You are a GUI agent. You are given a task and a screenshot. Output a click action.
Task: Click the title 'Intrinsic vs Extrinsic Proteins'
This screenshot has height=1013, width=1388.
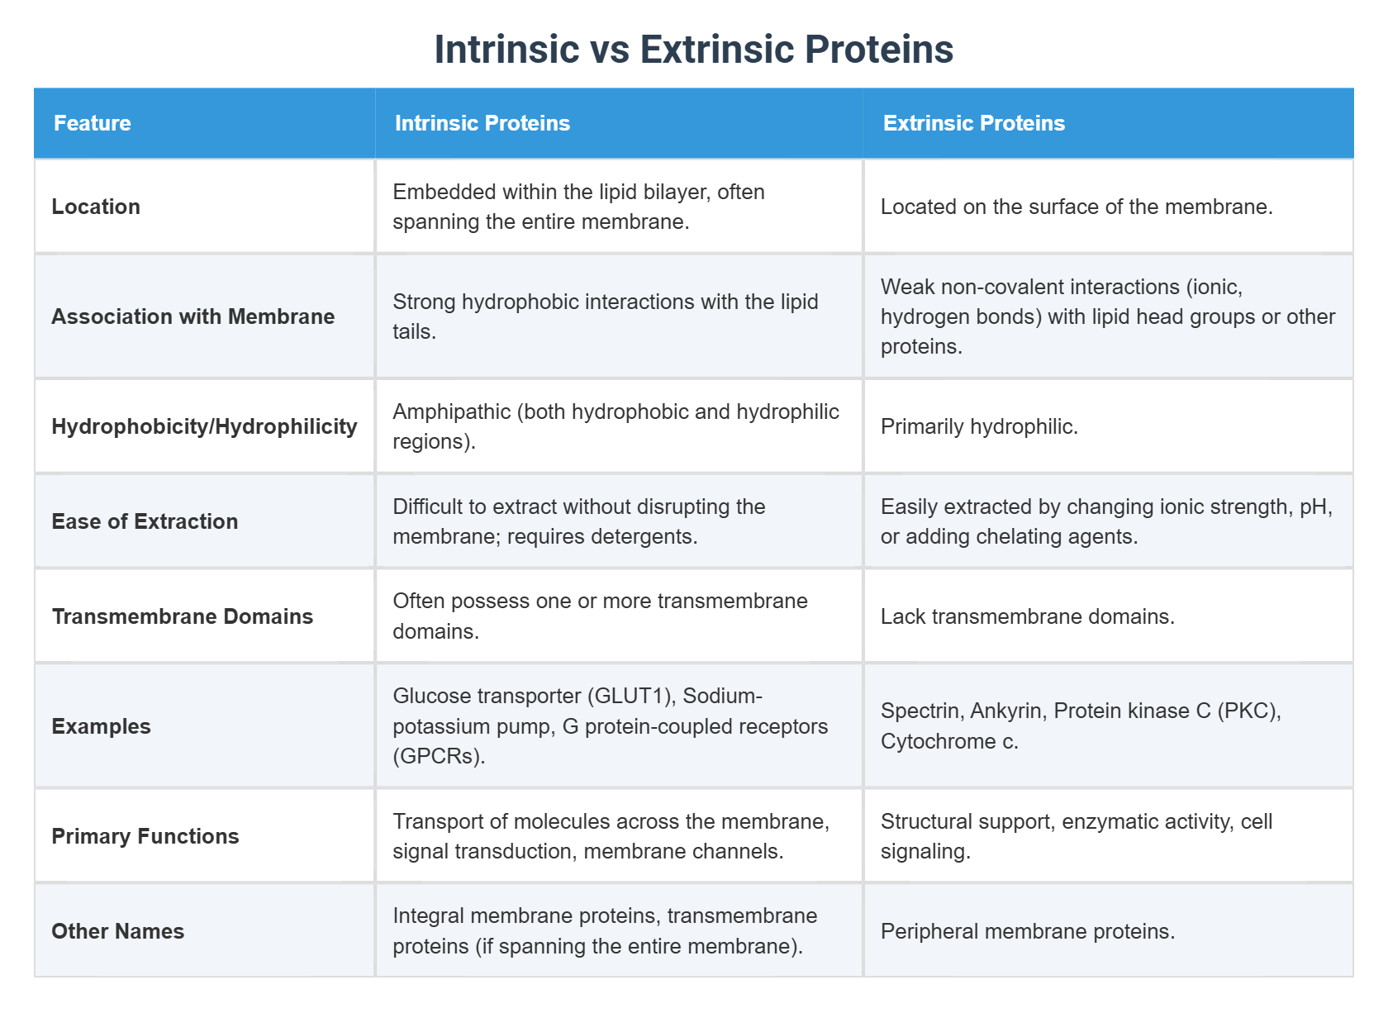point(693,50)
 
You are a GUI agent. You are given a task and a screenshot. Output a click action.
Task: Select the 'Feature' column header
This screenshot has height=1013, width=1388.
point(93,123)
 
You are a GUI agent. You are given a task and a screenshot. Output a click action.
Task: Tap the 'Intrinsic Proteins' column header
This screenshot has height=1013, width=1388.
point(482,123)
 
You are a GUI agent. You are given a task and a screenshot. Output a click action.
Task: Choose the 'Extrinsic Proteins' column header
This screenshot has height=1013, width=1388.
point(973,123)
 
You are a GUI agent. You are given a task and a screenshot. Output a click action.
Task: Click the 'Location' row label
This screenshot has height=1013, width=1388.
point(96,207)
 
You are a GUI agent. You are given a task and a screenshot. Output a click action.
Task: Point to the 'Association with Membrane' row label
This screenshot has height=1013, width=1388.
point(193,316)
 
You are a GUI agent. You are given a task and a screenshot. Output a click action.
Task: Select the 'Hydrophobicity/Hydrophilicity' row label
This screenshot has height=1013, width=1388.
point(204,426)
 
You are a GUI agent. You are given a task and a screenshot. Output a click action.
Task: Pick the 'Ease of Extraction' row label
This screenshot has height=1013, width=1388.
point(145,521)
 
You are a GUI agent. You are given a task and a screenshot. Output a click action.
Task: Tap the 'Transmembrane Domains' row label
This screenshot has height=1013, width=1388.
point(182,616)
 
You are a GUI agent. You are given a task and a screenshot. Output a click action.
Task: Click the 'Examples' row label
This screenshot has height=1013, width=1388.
point(101,726)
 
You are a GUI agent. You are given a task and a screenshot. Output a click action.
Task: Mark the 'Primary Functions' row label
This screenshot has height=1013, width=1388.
point(145,836)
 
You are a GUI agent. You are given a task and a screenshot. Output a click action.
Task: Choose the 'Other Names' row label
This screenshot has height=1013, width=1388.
point(117,931)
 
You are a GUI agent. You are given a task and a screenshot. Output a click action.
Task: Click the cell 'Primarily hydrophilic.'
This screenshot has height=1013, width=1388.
point(979,426)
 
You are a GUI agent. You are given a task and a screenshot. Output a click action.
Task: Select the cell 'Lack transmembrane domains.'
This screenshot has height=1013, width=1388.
point(1027,616)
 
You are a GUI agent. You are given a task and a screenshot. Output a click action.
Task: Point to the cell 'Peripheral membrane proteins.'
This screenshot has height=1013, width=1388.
point(1027,931)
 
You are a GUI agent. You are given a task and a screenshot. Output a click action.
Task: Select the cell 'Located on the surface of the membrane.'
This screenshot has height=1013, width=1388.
point(1076,207)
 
